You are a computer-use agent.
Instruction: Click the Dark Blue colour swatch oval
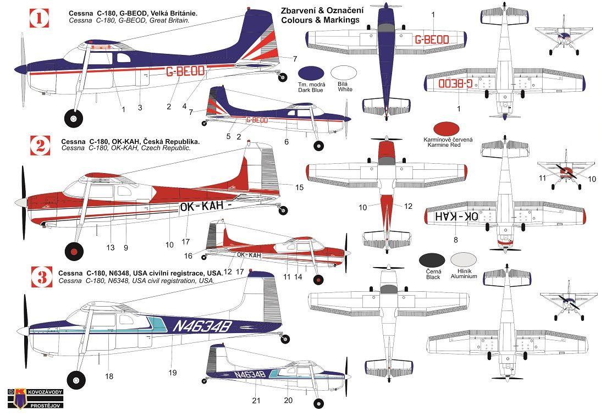(311, 74)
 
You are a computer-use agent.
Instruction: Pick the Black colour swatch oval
(432, 260)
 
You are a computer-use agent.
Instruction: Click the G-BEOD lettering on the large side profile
(185, 71)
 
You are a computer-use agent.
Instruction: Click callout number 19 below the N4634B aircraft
(172, 373)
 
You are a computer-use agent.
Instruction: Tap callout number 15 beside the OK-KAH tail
(299, 187)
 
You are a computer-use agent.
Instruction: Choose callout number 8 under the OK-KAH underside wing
(455, 240)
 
